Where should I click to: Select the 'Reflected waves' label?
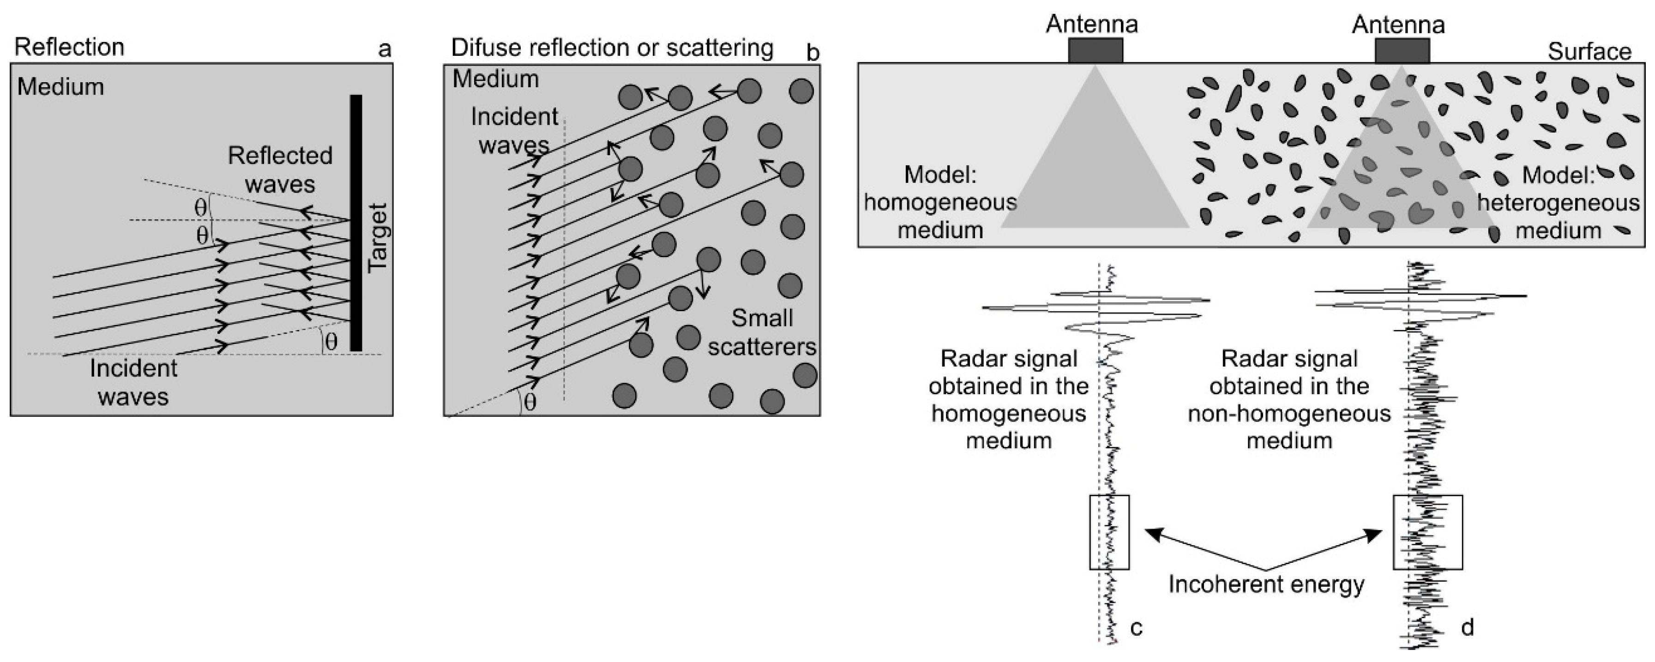(280, 170)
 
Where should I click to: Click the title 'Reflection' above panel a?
(69, 48)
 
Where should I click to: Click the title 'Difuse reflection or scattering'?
(612, 48)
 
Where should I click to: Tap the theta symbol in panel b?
(530, 403)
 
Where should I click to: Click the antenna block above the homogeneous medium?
(1095, 51)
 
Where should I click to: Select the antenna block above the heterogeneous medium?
(1402, 51)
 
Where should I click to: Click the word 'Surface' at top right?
(1589, 51)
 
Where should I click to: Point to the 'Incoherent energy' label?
(1266, 584)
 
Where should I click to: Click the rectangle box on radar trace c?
(1109, 532)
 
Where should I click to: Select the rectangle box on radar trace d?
(1427, 532)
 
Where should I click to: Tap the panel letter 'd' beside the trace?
(1468, 626)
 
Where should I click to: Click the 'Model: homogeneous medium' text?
(940, 203)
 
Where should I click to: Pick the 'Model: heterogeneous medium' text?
(1558, 203)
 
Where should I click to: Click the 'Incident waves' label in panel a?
(133, 382)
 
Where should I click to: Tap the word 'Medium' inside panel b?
(495, 79)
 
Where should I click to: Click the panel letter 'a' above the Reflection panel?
(385, 49)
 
